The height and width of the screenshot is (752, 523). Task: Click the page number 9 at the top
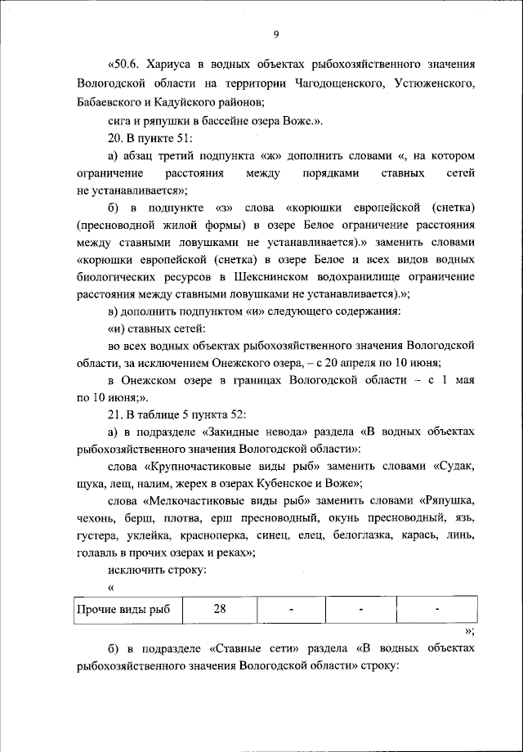(x=275, y=34)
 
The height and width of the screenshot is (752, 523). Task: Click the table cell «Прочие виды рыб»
(x=123, y=609)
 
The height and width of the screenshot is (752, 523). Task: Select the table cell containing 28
(x=219, y=609)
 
